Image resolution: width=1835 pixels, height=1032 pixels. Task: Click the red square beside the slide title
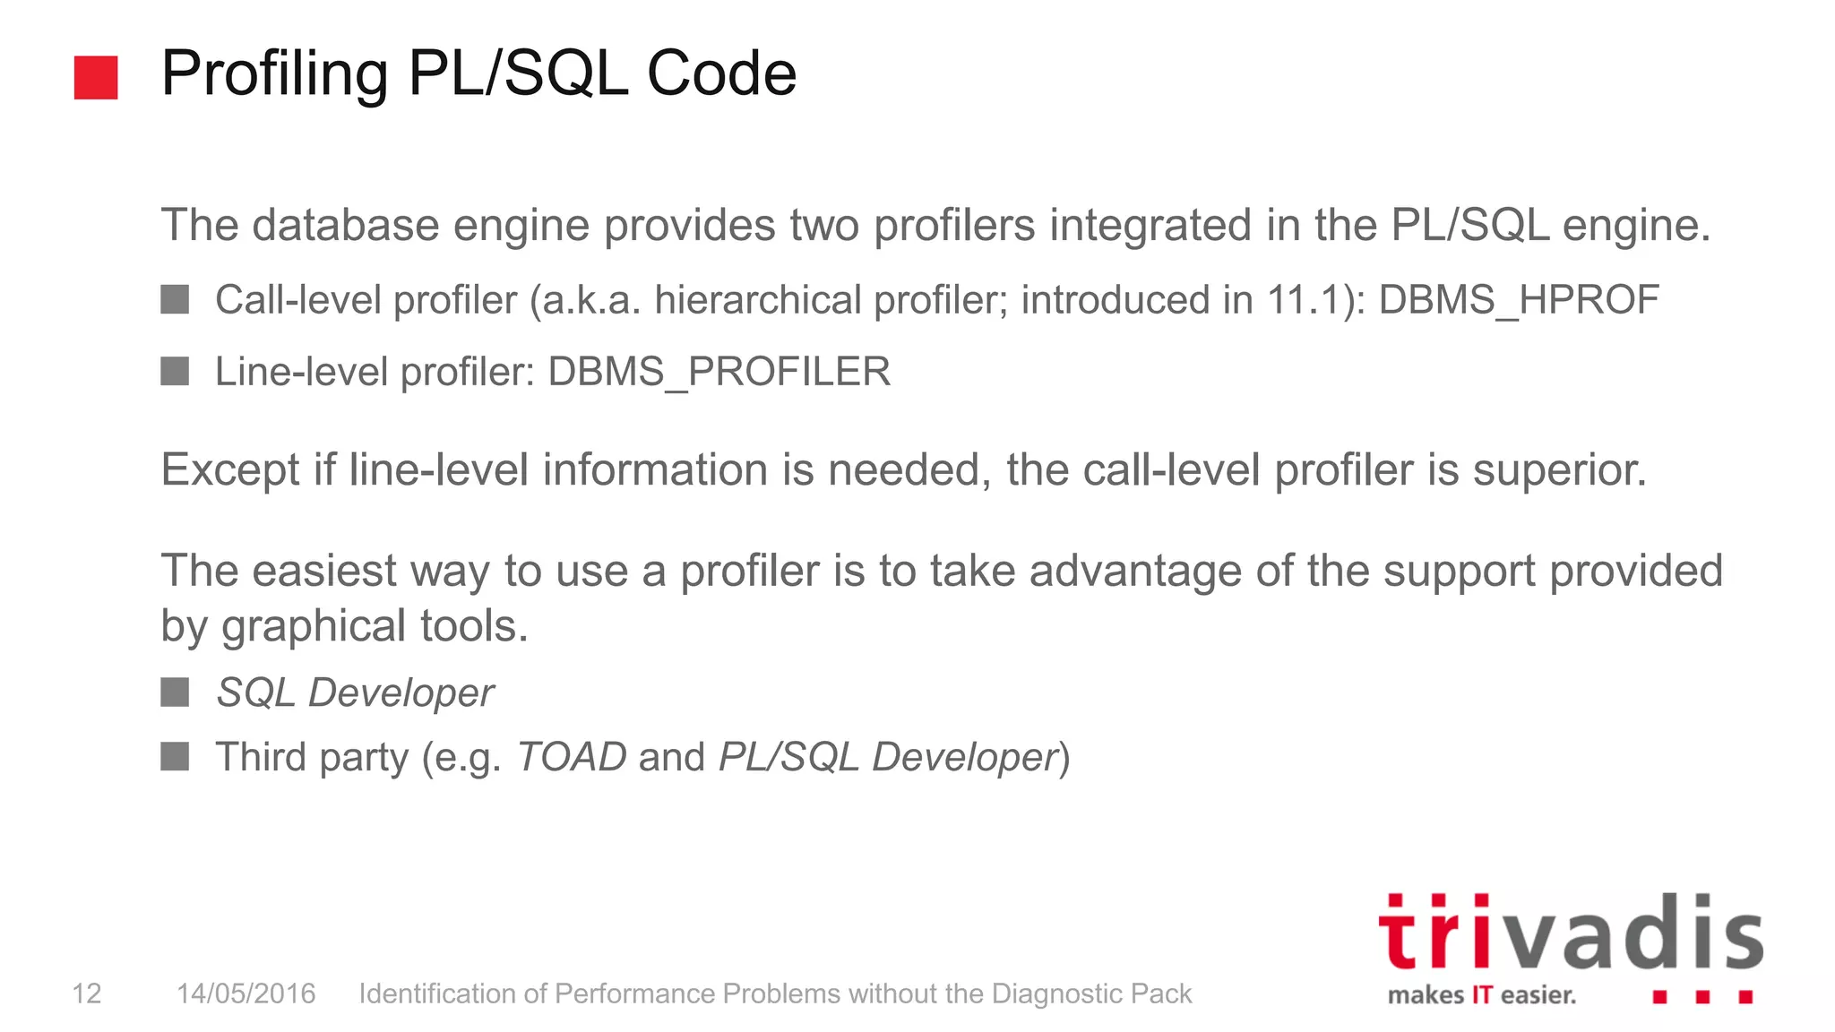(x=96, y=77)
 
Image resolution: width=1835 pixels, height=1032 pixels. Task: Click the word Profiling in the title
(x=274, y=73)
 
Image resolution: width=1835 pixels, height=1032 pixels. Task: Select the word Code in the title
(x=721, y=73)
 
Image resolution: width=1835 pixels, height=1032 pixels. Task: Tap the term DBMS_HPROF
(x=1519, y=300)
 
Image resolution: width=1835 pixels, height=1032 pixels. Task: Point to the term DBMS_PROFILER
(x=719, y=372)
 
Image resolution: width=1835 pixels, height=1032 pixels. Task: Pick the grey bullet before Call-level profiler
(x=175, y=299)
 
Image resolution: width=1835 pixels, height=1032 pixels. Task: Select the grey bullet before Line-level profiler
(x=175, y=371)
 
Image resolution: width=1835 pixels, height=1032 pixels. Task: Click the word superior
(x=1559, y=470)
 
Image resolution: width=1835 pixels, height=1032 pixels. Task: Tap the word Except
(x=229, y=470)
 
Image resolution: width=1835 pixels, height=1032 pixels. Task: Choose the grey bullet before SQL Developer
(x=175, y=692)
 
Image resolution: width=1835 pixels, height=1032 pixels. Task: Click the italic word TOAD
(x=572, y=757)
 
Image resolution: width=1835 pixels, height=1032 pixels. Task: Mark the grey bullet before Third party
(x=175, y=756)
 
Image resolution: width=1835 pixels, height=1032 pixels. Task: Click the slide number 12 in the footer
(x=87, y=993)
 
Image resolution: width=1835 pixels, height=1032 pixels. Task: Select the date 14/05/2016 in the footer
(x=246, y=993)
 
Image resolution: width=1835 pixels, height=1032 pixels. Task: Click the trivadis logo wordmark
(x=1571, y=933)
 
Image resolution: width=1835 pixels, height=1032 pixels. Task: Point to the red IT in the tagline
(x=1482, y=995)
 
